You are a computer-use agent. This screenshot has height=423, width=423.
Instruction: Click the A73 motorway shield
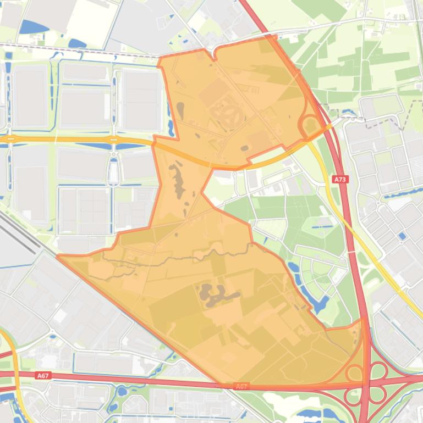[340, 179]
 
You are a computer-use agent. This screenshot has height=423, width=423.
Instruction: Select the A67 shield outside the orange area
[42, 376]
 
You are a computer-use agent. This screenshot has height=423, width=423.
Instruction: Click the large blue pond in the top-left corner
[34, 26]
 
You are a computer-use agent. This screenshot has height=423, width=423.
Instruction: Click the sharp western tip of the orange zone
[58, 255]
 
